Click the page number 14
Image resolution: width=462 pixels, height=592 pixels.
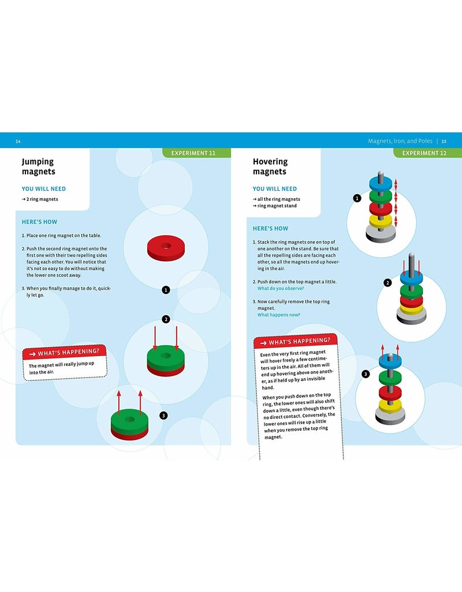[x=18, y=141]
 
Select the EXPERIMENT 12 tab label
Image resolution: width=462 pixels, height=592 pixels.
[x=423, y=153]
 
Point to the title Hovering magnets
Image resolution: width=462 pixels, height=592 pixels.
[x=270, y=166]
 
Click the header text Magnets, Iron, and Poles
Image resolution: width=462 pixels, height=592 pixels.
[x=401, y=141]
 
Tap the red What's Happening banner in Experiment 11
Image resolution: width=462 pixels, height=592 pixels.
[x=65, y=352]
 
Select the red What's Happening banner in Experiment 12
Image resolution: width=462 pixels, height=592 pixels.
[x=295, y=342]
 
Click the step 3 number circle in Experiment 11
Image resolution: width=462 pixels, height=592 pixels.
[x=163, y=415]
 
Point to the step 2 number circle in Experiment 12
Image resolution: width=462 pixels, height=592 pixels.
[x=388, y=283]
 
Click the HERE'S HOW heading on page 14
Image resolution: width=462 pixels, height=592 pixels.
[x=39, y=222]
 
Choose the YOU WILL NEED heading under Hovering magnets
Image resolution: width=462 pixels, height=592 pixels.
[x=274, y=188]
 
